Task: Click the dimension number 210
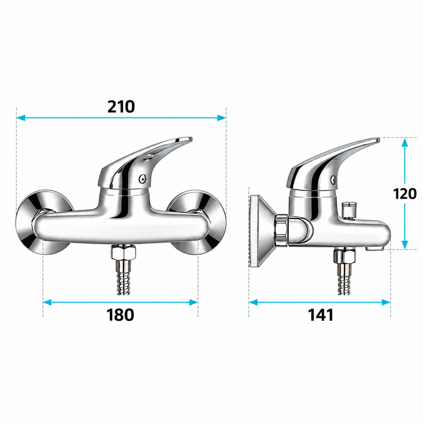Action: (121, 106)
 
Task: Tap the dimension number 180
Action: (120, 314)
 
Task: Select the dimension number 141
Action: (321, 314)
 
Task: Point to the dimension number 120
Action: (404, 194)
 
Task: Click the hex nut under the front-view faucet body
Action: (124, 252)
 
